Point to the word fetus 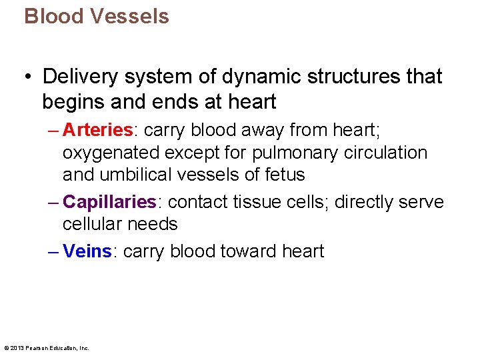click(283, 175)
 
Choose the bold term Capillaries click(109, 202)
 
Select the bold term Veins click(87, 251)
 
